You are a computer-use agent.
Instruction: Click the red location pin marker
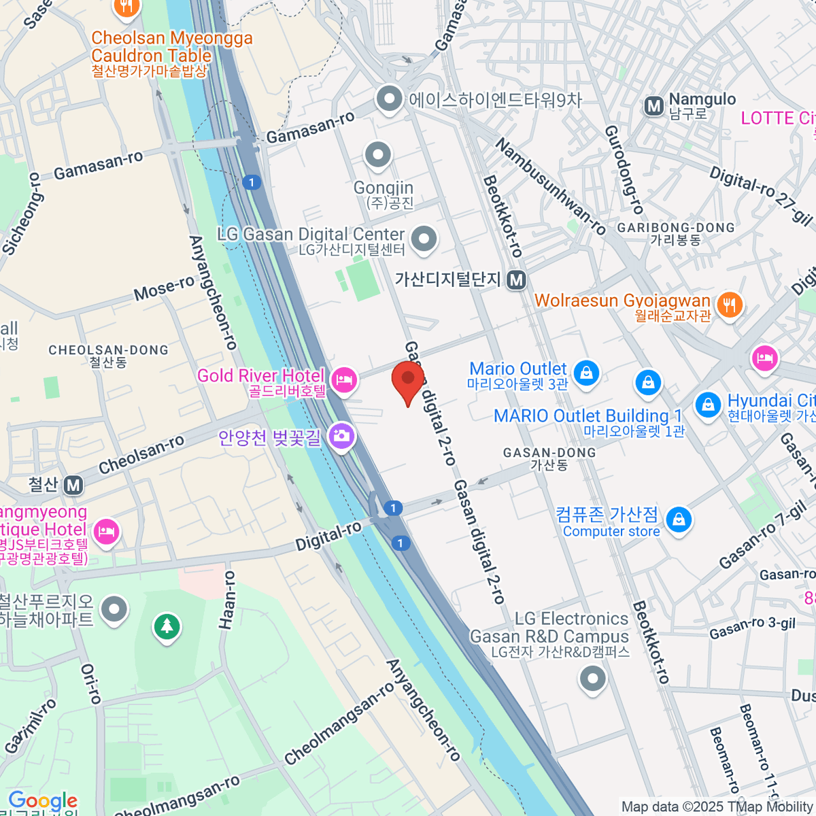point(408,381)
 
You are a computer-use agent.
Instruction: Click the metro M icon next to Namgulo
point(653,106)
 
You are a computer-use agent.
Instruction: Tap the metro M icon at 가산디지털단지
point(517,279)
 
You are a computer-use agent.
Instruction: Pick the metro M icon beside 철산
point(73,486)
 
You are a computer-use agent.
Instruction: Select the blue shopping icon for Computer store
point(678,520)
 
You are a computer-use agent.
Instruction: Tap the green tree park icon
point(167,626)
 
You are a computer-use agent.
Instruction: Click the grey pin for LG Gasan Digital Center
point(425,239)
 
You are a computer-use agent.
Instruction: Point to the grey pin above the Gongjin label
point(377,155)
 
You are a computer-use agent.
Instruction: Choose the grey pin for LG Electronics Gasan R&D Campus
point(593,678)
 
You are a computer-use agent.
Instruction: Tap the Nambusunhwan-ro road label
point(550,187)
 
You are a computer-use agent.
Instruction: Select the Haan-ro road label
point(227,600)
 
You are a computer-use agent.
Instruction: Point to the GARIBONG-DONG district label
point(676,228)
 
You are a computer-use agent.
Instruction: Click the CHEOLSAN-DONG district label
point(108,350)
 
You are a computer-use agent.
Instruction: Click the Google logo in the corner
point(42,801)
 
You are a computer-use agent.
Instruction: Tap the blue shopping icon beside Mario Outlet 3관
point(586,372)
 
